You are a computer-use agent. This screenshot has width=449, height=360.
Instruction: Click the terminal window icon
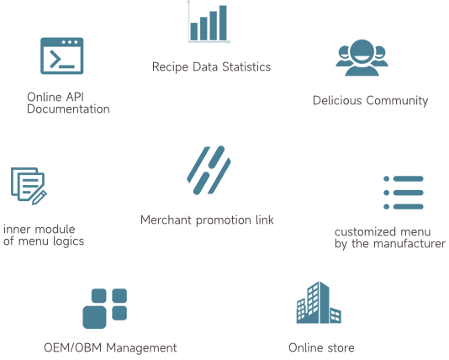tap(62, 56)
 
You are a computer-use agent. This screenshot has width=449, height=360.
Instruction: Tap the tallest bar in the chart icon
tap(223, 23)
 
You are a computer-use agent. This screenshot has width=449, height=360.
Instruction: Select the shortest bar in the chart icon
tap(194, 31)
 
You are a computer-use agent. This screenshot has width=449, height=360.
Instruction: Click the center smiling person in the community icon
tap(362, 57)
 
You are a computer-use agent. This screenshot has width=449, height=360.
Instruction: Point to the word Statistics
tap(246, 66)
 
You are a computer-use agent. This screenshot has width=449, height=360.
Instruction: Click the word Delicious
tap(337, 101)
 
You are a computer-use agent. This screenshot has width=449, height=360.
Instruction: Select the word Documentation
tap(68, 109)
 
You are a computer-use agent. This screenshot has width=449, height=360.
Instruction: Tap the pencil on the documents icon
tap(40, 198)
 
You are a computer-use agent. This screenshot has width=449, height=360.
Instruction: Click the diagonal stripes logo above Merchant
tap(209, 170)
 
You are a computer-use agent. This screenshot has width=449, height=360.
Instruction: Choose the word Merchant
tap(166, 220)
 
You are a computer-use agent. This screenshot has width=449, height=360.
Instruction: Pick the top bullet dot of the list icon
tap(386, 179)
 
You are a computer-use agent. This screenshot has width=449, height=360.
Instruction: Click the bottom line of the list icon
tap(409, 206)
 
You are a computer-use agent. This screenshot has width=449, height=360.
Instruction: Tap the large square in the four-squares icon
tap(94, 317)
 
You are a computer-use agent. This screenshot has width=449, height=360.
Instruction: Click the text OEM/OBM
tap(73, 347)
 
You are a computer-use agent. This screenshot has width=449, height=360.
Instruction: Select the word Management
tap(141, 348)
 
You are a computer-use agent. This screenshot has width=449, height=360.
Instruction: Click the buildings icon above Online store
tap(319, 303)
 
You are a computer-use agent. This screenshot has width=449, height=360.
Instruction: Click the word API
tap(75, 97)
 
